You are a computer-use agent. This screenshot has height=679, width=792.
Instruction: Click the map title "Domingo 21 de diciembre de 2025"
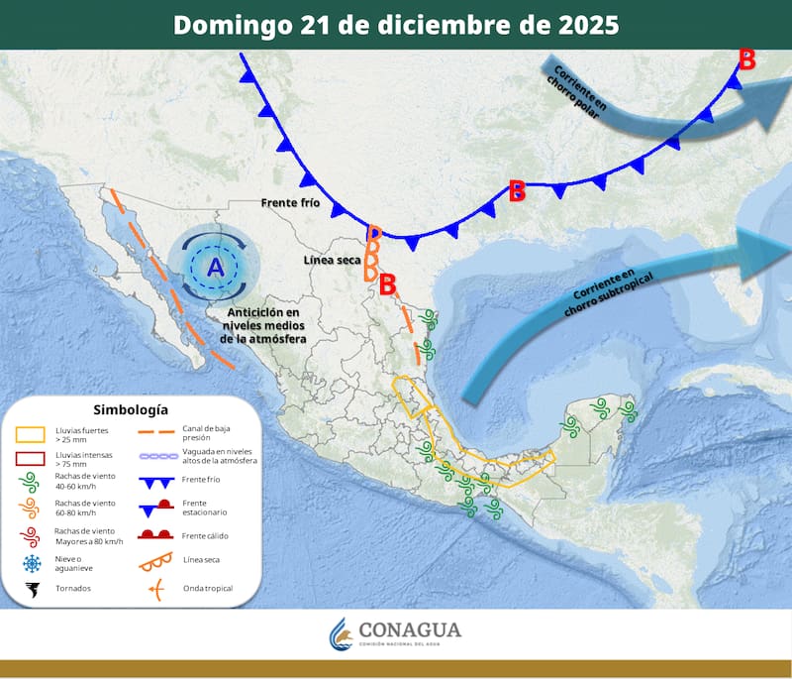(x=396, y=25)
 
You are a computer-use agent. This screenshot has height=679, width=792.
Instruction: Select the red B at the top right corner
(x=747, y=60)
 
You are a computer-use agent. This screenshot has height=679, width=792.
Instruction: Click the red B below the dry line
(x=388, y=284)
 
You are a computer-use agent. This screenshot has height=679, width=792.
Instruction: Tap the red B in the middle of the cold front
(x=516, y=191)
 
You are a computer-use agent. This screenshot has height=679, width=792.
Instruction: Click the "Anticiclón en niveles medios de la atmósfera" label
(x=265, y=325)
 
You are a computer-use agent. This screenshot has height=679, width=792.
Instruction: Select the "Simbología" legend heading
(x=131, y=409)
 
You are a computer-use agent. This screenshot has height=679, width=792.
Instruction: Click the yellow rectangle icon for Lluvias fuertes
(x=31, y=435)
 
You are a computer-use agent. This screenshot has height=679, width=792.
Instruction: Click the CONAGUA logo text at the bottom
(x=409, y=631)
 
